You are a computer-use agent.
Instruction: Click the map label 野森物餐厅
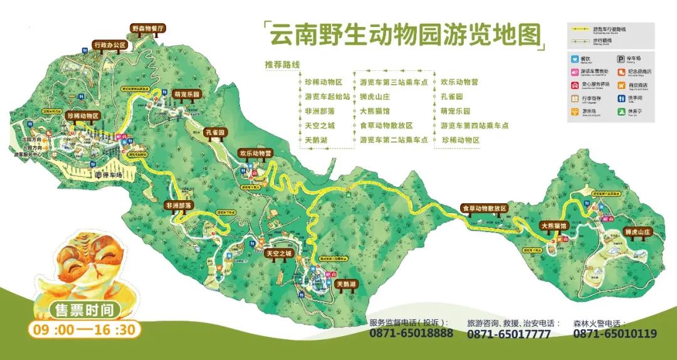(147, 29)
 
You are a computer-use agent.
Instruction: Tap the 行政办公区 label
(109, 45)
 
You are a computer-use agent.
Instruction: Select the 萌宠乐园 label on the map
(186, 94)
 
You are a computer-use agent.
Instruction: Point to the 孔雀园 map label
(215, 132)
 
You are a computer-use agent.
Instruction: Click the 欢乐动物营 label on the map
(255, 152)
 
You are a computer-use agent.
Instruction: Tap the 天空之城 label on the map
(278, 253)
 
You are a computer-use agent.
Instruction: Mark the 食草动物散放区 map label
(483, 208)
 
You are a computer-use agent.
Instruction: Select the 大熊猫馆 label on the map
(554, 225)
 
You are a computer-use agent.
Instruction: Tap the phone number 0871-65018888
(411, 334)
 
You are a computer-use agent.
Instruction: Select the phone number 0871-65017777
(509, 334)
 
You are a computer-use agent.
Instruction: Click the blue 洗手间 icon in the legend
(621, 99)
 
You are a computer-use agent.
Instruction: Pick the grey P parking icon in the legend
(621, 58)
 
